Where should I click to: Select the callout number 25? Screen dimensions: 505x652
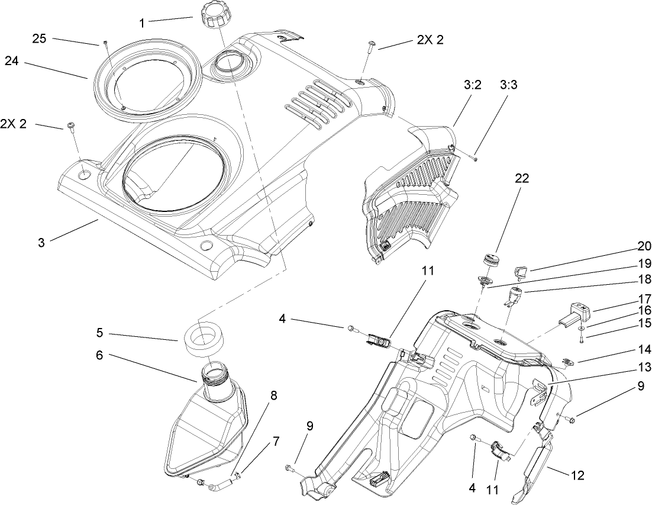(x=38, y=39)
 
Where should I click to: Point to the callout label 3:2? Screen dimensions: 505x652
(x=473, y=85)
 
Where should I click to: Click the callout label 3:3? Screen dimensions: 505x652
(x=509, y=85)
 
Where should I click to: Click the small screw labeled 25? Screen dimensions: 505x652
(x=104, y=44)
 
